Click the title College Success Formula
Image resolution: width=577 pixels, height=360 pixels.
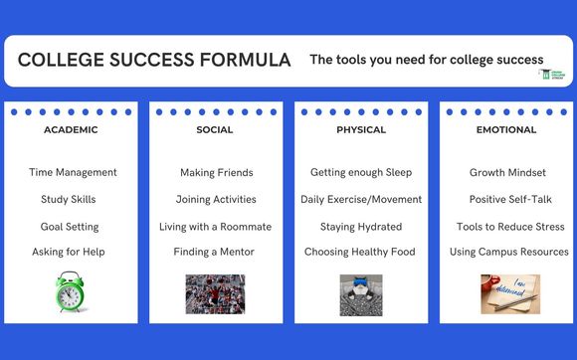point(154,61)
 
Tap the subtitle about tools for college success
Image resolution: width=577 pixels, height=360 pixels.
point(426,60)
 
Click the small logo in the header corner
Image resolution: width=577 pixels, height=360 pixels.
point(551,76)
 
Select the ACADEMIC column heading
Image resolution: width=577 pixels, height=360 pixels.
point(70,130)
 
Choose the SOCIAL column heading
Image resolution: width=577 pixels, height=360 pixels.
point(215,130)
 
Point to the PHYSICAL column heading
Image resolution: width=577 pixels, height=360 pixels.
point(360,130)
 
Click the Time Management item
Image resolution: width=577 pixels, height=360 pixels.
point(73,172)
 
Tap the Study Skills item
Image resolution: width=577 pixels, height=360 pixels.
point(69,199)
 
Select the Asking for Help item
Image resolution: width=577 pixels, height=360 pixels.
point(69,252)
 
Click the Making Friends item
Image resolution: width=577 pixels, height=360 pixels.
point(216,172)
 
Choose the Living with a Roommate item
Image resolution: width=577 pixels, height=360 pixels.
point(215,226)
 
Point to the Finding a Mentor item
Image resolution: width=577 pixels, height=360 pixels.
point(214,252)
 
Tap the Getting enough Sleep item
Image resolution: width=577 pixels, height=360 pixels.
point(360,172)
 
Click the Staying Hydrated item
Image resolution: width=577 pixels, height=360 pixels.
point(361,226)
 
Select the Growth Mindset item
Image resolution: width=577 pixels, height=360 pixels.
point(507,172)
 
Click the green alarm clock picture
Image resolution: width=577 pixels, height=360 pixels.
point(70,293)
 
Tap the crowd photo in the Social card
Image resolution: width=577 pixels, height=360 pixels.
point(215,294)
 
